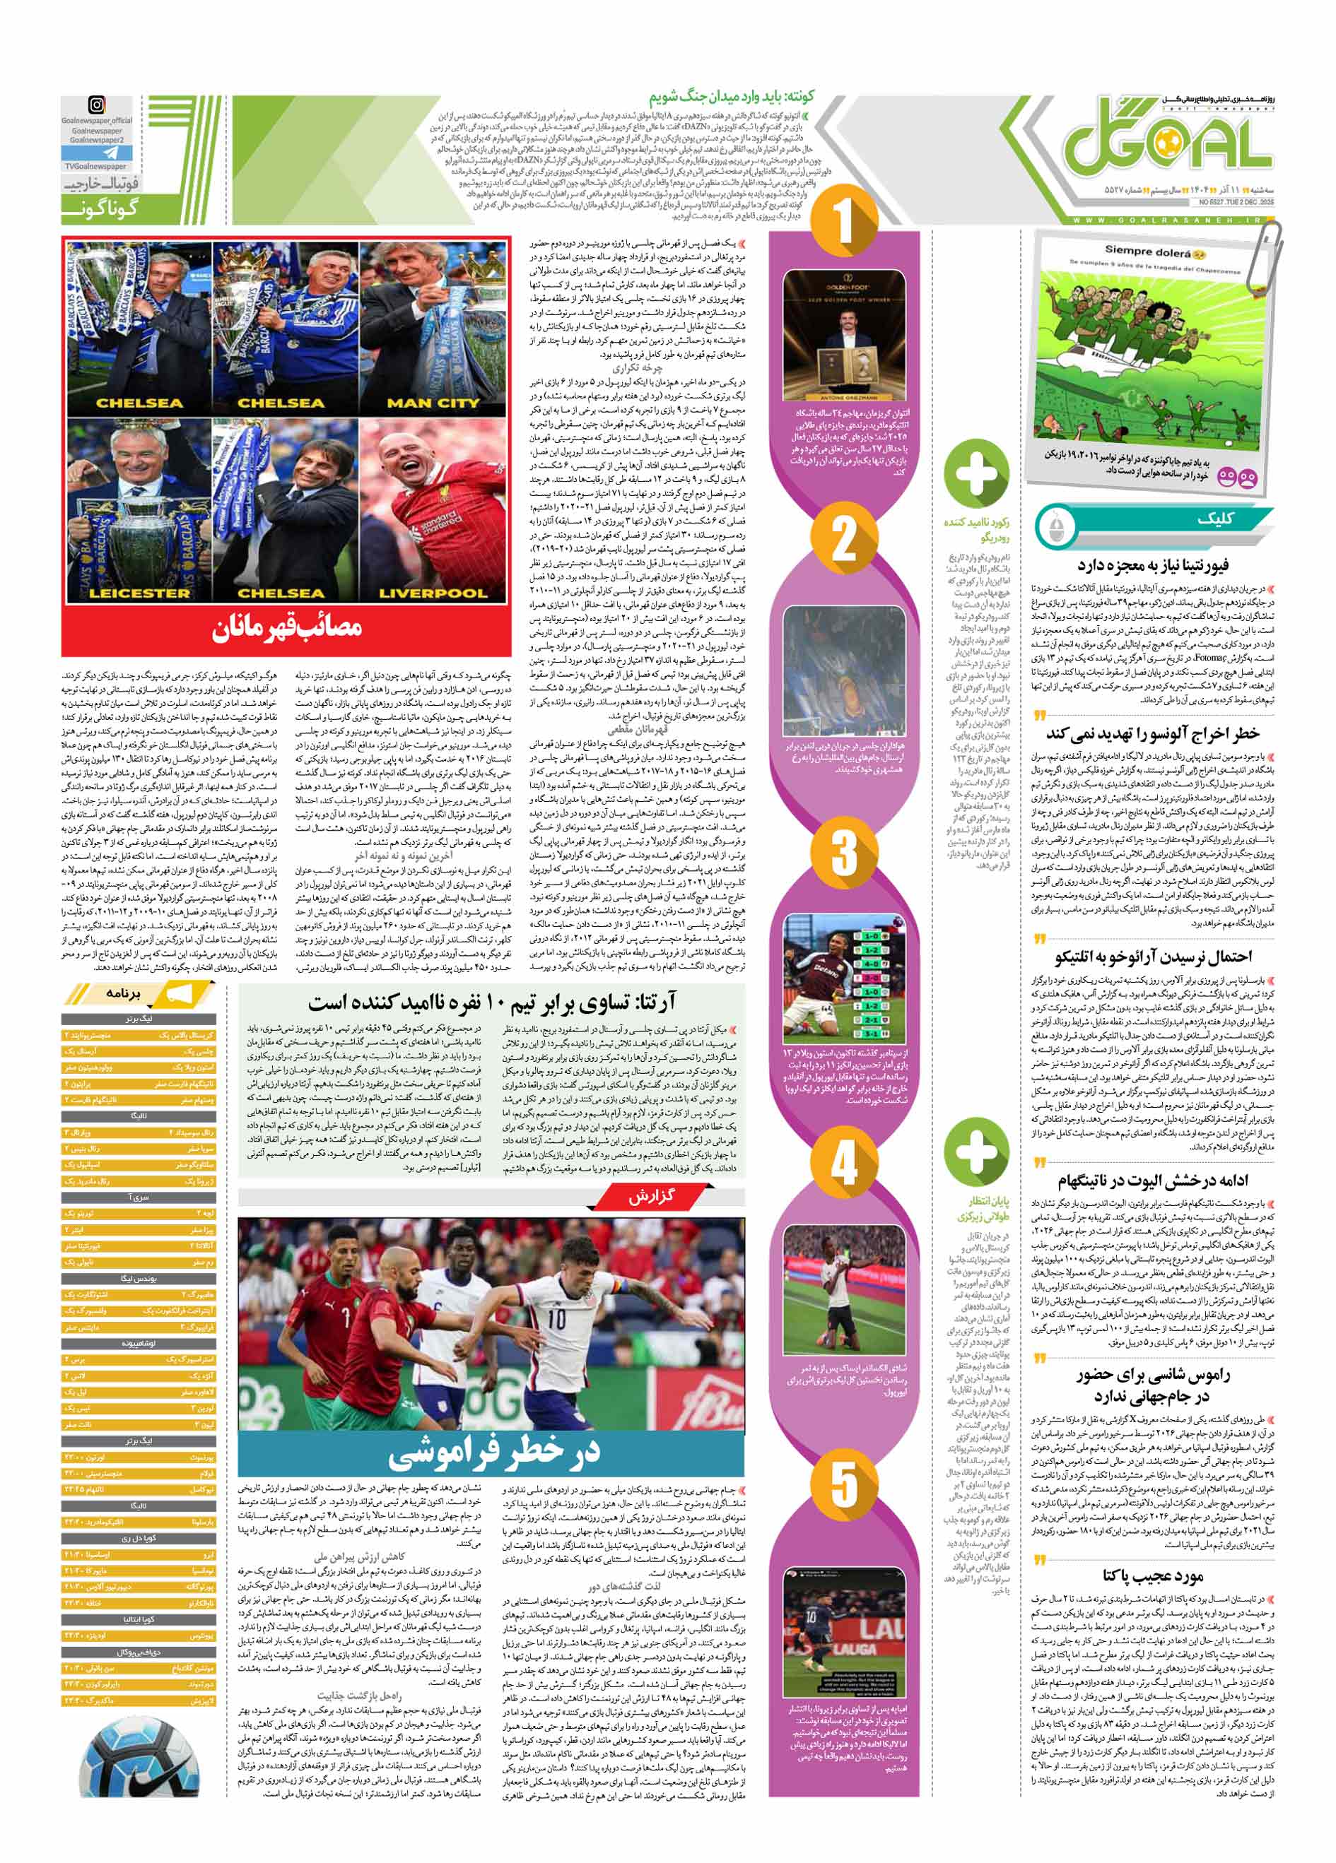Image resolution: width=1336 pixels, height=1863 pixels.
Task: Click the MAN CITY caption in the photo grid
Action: pos(432,403)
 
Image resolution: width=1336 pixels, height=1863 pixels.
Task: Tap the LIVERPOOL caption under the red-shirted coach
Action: pos(432,593)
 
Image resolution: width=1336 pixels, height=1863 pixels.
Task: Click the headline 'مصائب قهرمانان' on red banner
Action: pos(286,628)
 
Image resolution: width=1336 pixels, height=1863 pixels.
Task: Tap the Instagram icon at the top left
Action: pos(97,106)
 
